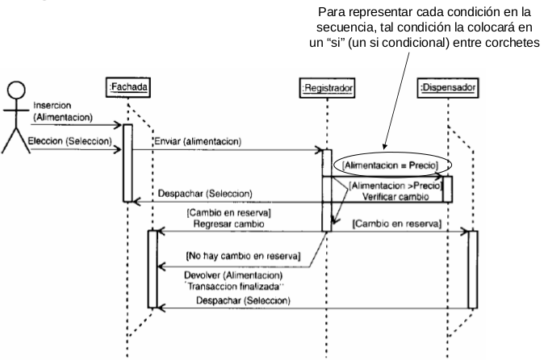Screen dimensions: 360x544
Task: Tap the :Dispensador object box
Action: [x=447, y=86]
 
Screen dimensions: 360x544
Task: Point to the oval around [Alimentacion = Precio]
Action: [x=391, y=165]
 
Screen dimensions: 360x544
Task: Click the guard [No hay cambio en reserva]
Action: [x=243, y=256]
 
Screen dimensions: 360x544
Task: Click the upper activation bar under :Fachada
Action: [x=128, y=161]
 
